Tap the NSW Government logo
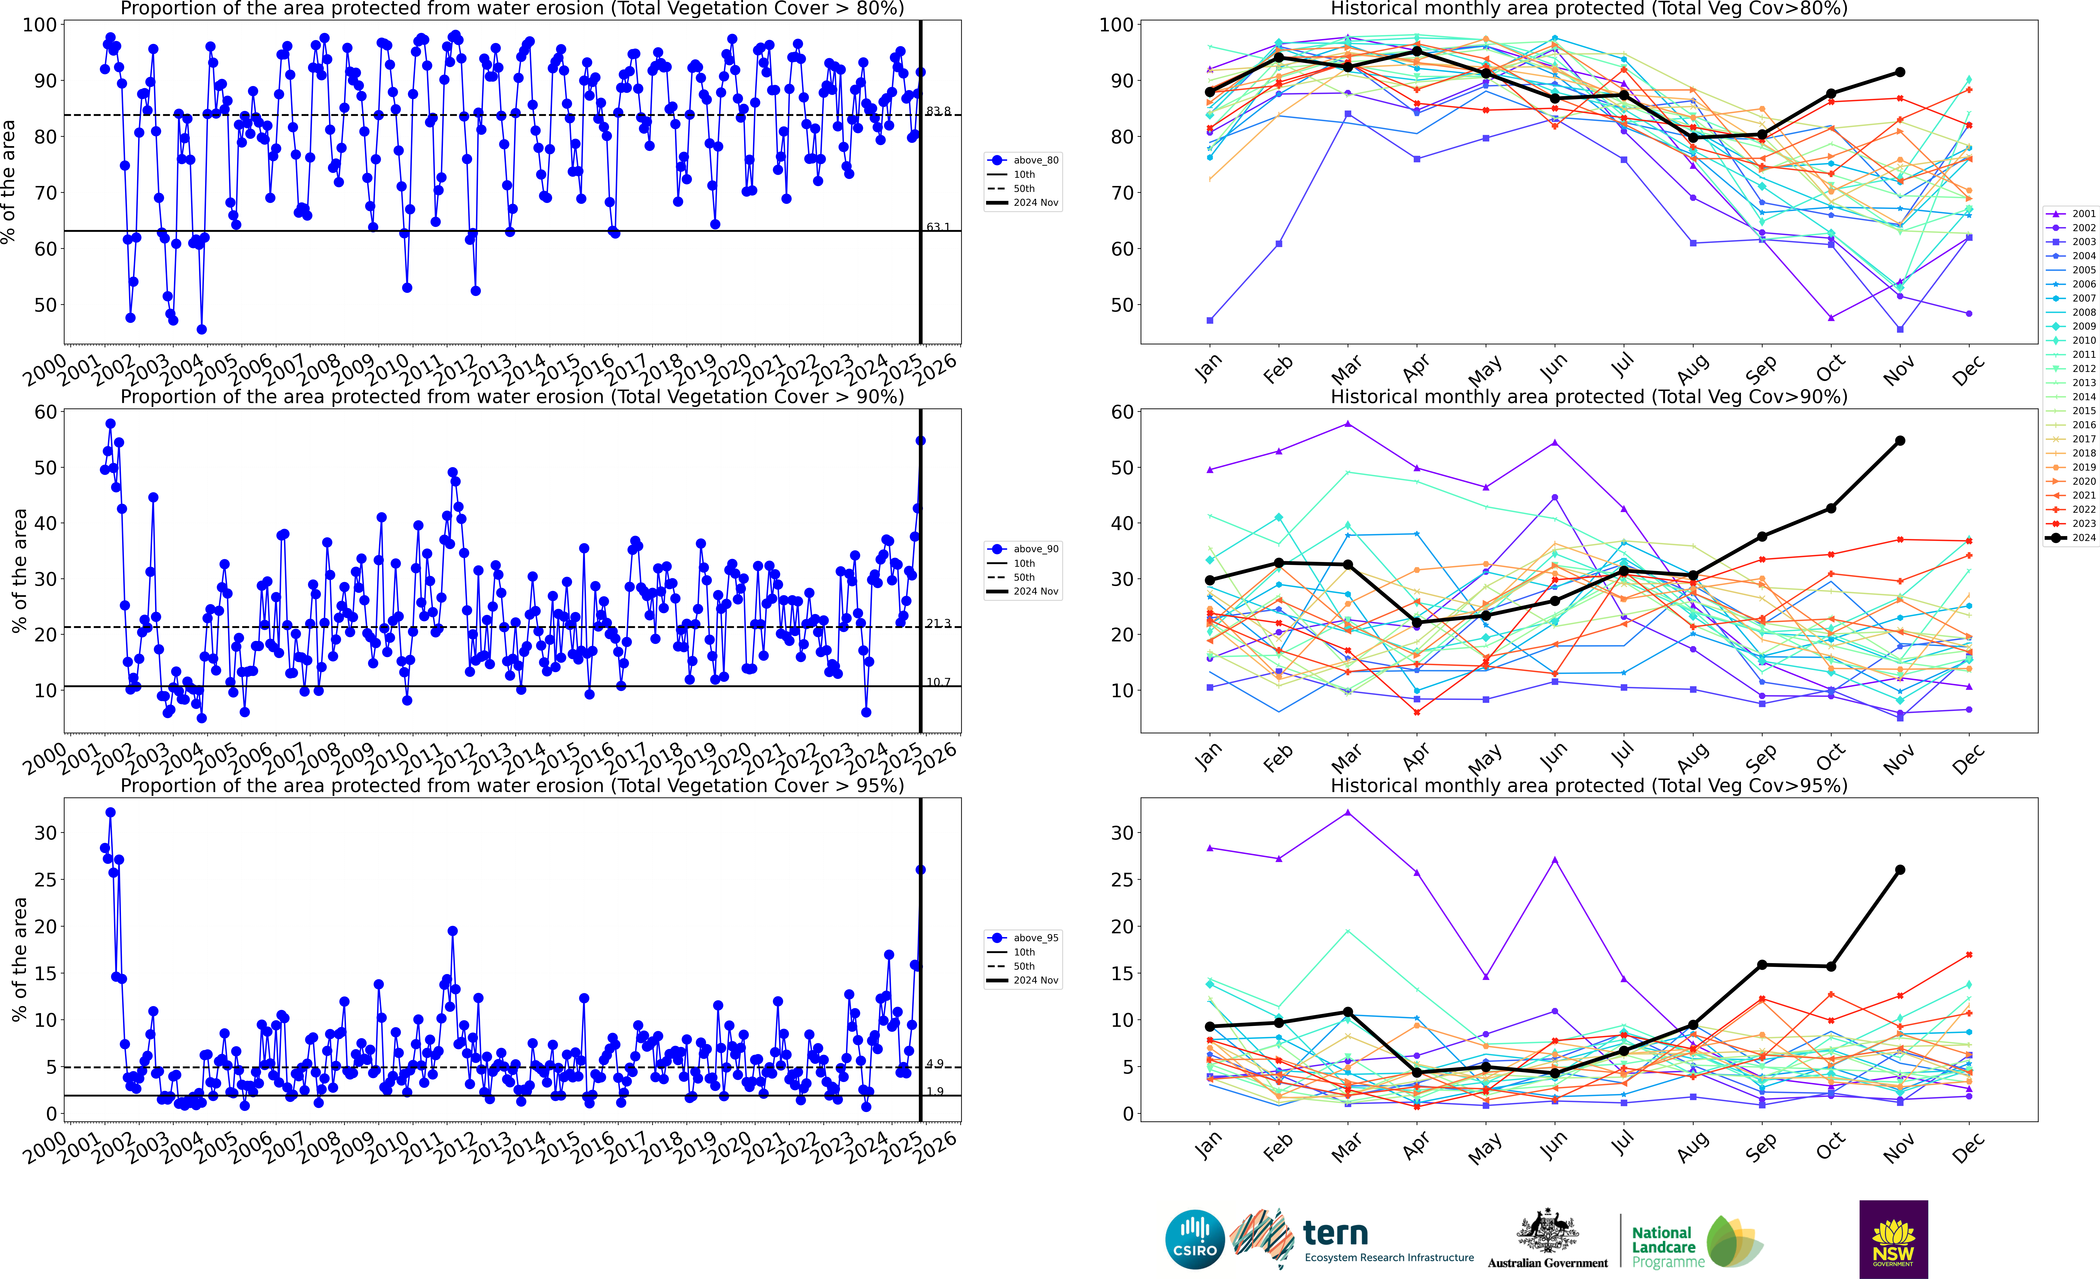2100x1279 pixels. click(x=1893, y=1239)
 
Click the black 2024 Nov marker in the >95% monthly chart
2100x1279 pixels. click(x=1900, y=870)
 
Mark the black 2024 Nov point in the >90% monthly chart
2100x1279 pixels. click(x=1900, y=441)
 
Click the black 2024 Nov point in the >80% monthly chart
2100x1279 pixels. click(x=1900, y=72)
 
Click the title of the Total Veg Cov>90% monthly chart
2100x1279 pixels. click(x=1589, y=397)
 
